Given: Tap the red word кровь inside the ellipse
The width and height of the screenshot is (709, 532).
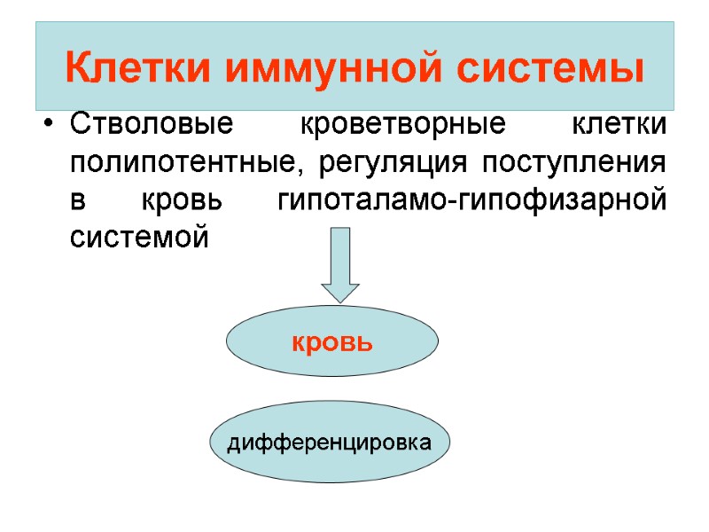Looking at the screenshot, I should [x=332, y=342].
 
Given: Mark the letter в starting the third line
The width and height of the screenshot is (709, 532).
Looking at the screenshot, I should [x=77, y=201].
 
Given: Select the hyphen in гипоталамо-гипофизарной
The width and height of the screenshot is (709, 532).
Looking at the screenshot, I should [x=455, y=203].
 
